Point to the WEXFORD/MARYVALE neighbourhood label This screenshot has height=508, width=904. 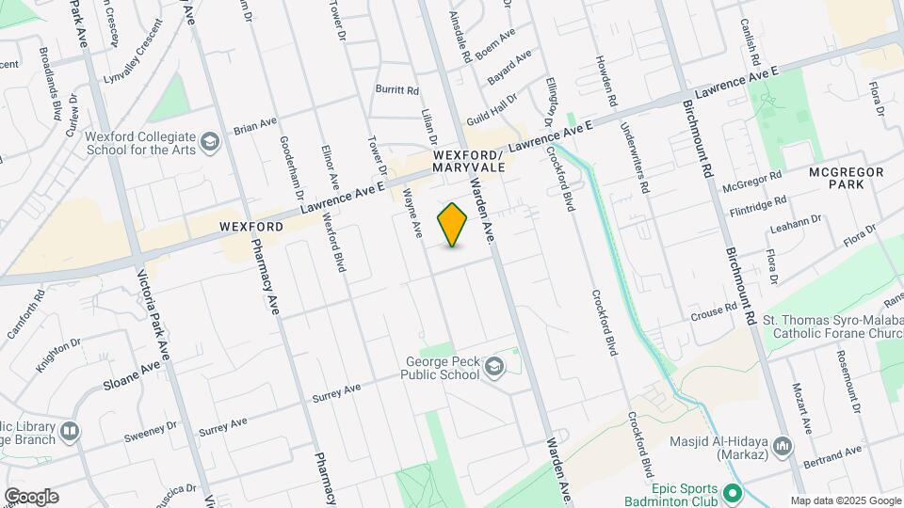(469, 160)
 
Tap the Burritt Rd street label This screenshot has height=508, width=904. (396, 90)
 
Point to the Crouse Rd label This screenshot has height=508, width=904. (712, 311)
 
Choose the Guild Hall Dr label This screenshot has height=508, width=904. (500, 103)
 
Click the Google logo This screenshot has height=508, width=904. (31, 496)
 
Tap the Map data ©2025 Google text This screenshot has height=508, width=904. (846, 500)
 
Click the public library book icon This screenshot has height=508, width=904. (68, 430)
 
